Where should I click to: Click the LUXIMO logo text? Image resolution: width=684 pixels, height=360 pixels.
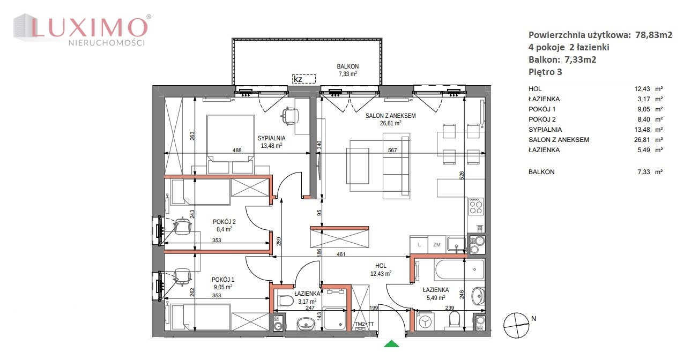click(x=88, y=27)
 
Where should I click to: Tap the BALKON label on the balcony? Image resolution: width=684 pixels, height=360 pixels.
click(x=347, y=66)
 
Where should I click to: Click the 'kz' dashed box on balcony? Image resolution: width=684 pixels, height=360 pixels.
click(x=304, y=79)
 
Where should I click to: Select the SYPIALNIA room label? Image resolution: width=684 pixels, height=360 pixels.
click(x=271, y=138)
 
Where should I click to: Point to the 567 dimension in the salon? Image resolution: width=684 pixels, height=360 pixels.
click(x=392, y=150)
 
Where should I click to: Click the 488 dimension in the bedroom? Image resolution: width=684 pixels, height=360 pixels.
click(x=236, y=150)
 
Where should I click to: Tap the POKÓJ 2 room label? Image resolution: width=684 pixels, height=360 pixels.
click(x=224, y=222)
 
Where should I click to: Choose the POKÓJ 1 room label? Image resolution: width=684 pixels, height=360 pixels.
click(x=223, y=280)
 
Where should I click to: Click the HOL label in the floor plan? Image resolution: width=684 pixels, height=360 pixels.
click(x=381, y=266)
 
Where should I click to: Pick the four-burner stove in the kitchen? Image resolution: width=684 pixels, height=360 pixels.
click(x=476, y=206)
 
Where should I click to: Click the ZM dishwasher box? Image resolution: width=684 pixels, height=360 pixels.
click(x=437, y=245)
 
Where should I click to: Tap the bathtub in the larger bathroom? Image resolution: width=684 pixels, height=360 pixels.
click(x=459, y=269)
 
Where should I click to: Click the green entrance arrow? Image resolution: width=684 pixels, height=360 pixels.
click(x=391, y=344)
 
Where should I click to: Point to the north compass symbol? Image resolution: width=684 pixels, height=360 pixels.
click(x=516, y=325)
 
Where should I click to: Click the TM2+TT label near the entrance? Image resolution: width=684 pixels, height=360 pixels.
click(x=364, y=324)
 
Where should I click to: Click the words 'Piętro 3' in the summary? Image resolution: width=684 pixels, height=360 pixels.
click(x=545, y=72)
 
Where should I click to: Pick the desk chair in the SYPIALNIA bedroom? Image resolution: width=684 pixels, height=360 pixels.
click(x=290, y=116)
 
